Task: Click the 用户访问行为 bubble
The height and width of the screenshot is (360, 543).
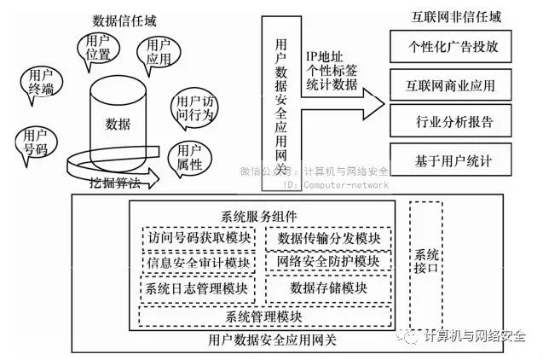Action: [195, 107]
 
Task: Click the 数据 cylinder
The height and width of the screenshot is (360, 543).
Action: [118, 125]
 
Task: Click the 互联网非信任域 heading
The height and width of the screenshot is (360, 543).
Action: [444, 16]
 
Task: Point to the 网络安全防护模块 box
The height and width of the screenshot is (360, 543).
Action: [328, 260]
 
